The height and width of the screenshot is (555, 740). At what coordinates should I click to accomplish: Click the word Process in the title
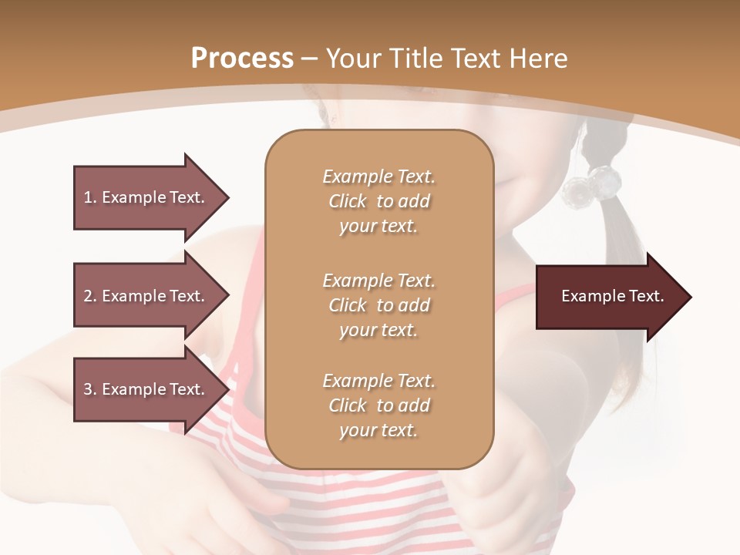click(242, 59)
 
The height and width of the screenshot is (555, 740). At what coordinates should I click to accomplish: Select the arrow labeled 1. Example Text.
click(150, 197)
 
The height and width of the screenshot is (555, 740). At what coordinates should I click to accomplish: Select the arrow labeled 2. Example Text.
click(150, 296)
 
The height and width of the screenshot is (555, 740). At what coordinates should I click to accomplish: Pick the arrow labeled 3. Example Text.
click(150, 389)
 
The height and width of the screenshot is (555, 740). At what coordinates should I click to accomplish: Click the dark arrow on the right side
click(613, 297)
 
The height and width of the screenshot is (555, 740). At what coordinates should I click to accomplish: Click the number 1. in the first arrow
click(90, 197)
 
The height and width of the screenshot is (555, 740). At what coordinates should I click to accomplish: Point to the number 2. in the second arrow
click(90, 296)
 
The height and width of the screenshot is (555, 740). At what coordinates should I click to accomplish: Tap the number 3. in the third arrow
click(90, 389)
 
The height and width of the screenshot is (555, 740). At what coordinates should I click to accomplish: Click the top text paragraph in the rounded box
click(378, 201)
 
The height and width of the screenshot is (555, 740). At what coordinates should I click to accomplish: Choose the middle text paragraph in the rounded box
click(378, 305)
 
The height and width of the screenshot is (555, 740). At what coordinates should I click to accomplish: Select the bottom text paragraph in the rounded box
click(378, 405)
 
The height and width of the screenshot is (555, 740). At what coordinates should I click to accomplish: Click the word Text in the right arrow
click(646, 296)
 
